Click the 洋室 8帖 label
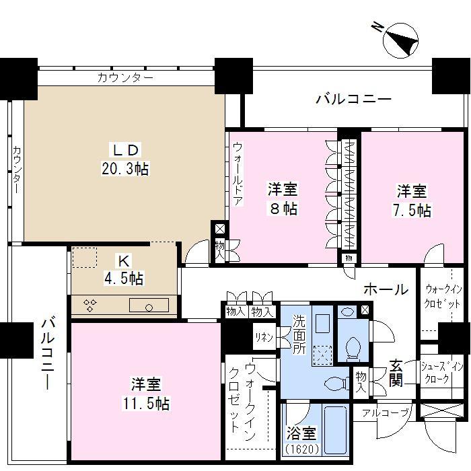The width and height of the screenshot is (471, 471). pyautogui.click(x=282, y=199)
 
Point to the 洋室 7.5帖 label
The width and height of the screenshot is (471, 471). pyautogui.click(x=412, y=201)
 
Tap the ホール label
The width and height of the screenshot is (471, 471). pyautogui.click(x=386, y=290)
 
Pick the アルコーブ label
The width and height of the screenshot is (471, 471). pyautogui.click(x=385, y=413)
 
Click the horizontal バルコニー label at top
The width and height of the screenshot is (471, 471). pyautogui.click(x=354, y=100)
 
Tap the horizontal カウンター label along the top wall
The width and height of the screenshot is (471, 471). pyautogui.click(x=125, y=77)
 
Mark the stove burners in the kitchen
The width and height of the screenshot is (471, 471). pyautogui.click(x=89, y=306)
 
